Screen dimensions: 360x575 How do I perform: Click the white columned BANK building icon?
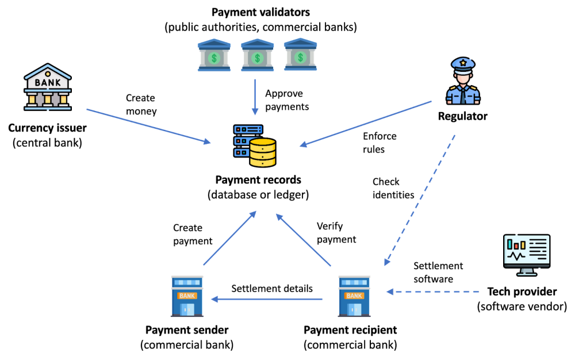pos(48,87)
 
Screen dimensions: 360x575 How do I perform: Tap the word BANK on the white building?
pos(48,83)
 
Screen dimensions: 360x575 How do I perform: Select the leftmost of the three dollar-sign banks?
pos(214,55)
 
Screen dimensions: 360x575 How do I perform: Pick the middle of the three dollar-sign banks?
pos(257,55)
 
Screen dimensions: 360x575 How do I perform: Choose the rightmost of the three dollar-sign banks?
pos(300,55)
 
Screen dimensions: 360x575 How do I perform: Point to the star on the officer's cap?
pos(463,62)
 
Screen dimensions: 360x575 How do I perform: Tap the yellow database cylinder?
pos(262,152)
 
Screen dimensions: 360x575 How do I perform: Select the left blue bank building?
pos(187,296)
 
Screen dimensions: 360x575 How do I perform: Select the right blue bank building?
pos(354,296)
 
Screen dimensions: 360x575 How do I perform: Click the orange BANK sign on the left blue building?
pos(187,296)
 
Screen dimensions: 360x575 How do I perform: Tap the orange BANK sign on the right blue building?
pos(354,296)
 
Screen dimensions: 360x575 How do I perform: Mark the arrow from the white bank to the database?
pos(148,126)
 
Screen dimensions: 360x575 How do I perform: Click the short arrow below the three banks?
pos(255,97)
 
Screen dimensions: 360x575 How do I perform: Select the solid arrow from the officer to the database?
pos(366,124)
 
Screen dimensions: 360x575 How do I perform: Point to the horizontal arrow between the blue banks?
pos(267,299)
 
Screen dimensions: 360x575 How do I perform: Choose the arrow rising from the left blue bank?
pos(229,238)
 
